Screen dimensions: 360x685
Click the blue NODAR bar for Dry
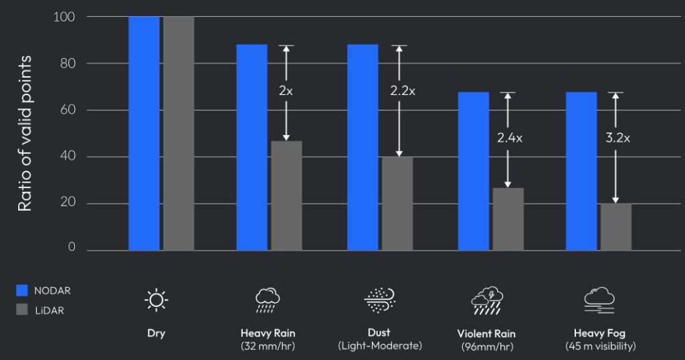tap(144, 134)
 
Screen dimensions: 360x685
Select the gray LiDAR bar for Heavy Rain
tap(286, 195)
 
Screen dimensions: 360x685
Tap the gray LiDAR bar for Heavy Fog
tap(615, 227)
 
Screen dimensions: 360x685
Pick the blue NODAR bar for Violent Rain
tap(474, 171)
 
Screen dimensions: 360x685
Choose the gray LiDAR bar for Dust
tap(397, 203)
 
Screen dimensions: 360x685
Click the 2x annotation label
tap(286, 91)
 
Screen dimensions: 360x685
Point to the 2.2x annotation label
tap(403, 91)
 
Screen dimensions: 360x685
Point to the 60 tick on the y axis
tap(66, 110)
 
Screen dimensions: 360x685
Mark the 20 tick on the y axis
tap(66, 203)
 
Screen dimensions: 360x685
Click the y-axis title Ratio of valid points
tap(25, 134)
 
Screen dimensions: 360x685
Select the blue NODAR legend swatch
tap(22, 290)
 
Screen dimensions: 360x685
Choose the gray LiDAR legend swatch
tap(22, 309)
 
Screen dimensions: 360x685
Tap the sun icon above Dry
tap(156, 300)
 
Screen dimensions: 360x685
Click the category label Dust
tap(379, 332)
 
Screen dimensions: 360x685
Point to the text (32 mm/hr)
tap(268, 346)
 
